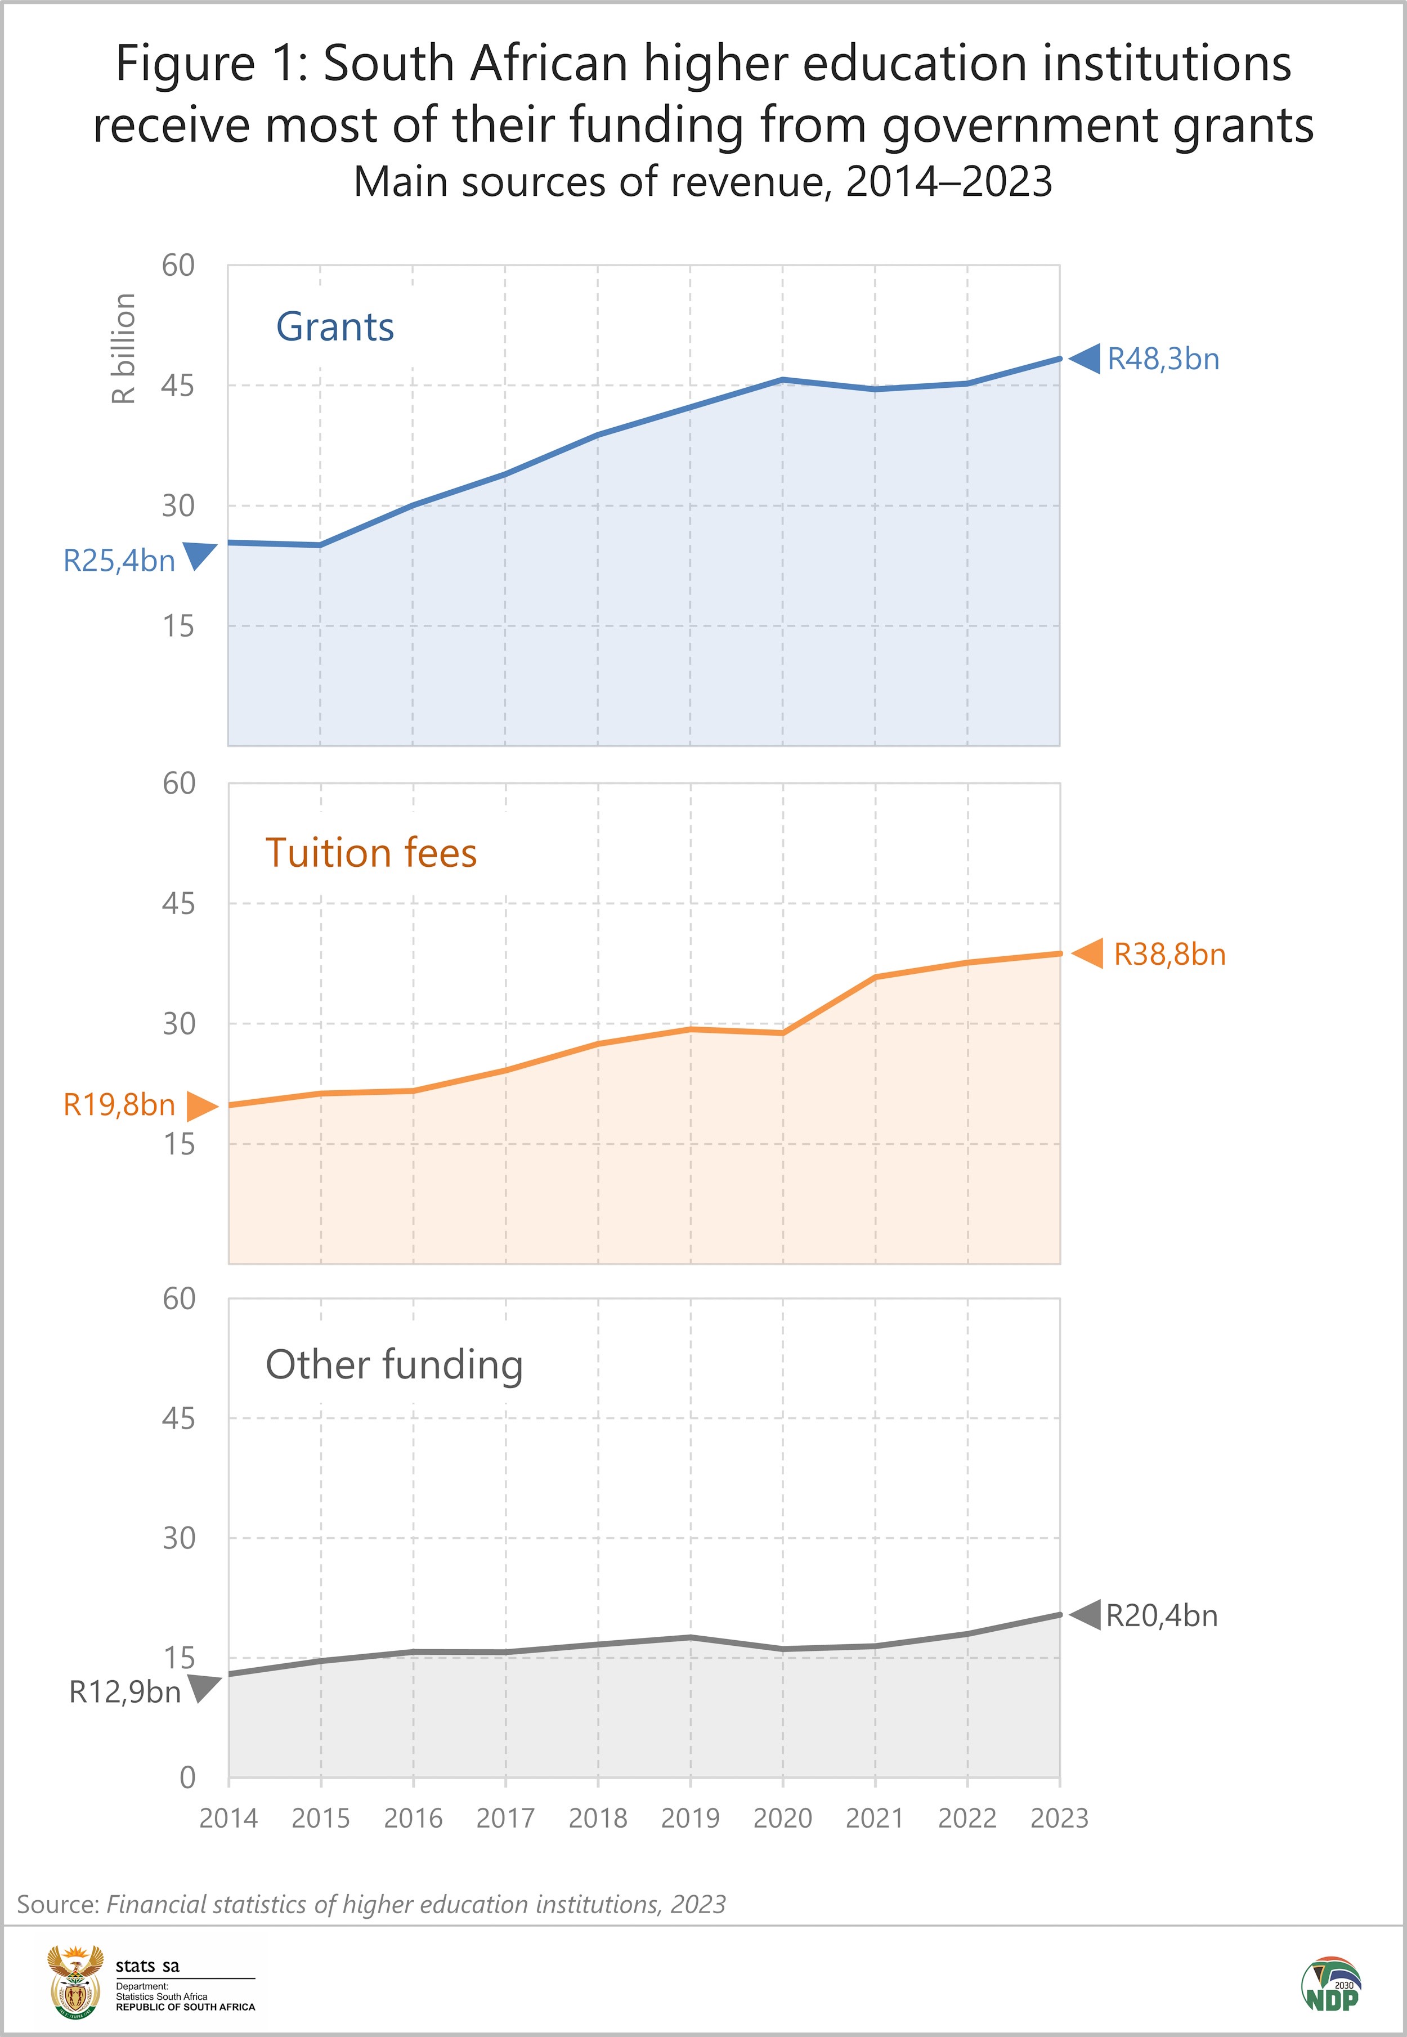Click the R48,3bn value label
coord(1163,360)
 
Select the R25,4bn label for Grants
coord(119,561)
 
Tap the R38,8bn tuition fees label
coord(1169,955)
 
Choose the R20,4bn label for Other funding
coord(1161,1615)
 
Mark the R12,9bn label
coord(125,1693)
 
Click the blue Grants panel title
coord(335,327)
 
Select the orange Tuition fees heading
coord(371,853)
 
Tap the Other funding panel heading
coord(394,1364)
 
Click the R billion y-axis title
coord(123,349)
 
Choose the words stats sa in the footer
coord(147,1966)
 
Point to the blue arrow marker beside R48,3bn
coord(1085,359)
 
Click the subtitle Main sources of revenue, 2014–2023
coord(702,182)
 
